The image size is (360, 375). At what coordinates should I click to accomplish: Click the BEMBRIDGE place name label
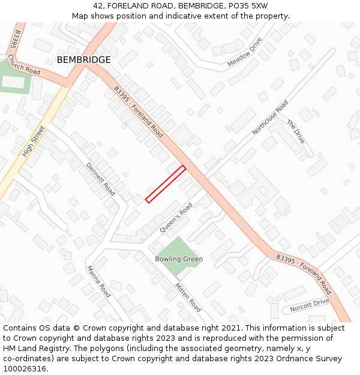[83, 60]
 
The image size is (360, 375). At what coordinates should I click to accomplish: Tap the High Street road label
[34, 142]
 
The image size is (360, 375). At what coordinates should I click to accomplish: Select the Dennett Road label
[100, 179]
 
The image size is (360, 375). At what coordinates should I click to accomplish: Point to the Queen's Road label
[176, 218]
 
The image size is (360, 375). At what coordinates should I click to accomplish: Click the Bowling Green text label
[179, 259]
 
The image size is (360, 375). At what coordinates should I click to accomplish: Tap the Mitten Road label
[188, 296]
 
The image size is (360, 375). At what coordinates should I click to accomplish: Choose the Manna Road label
[99, 282]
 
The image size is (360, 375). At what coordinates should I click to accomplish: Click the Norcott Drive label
[310, 305]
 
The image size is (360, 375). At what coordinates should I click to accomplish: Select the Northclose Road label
[270, 118]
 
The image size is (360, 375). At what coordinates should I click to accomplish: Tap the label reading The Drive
[295, 132]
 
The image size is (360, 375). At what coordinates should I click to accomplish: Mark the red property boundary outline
[165, 184]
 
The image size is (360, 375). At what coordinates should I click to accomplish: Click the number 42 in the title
[98, 5]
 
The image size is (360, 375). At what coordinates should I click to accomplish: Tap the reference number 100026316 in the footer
[25, 368]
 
